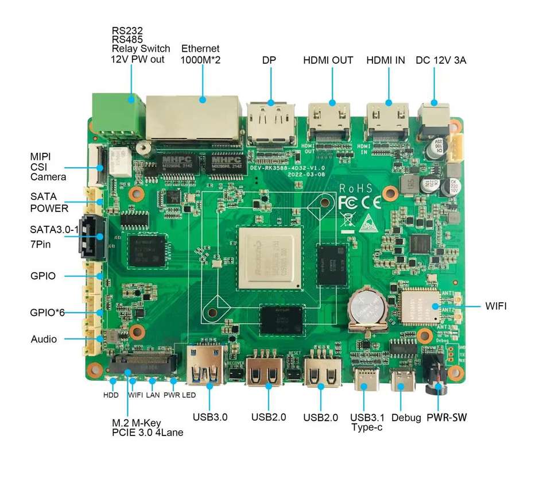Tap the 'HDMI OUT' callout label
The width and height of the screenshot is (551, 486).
[328, 60]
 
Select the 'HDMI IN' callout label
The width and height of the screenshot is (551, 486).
[385, 60]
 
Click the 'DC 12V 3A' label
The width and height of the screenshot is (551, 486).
[441, 60]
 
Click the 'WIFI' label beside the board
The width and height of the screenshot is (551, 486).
[496, 306]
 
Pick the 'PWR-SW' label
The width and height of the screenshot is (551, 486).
[447, 418]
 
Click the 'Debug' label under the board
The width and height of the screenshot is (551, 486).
[406, 418]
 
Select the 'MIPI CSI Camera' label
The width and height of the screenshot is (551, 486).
[48, 167]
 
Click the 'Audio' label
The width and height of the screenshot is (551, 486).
[44, 339]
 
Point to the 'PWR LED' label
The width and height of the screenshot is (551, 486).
[180, 395]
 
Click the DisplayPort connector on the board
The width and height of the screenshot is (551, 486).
[270, 123]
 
